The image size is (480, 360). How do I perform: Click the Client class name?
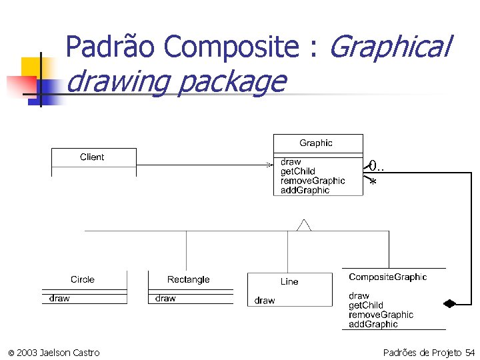coord(92,157)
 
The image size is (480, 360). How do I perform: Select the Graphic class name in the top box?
coord(316,143)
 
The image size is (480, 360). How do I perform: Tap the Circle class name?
coord(83,279)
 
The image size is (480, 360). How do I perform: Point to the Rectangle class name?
coord(189,279)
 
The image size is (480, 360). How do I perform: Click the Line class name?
coord(289,281)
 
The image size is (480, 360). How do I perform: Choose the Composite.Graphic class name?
coord(387,277)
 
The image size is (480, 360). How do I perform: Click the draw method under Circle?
coord(59,299)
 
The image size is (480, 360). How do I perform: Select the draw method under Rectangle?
coord(165,299)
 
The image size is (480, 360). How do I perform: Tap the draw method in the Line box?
coord(265,301)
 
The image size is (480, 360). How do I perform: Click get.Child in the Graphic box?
coord(298,171)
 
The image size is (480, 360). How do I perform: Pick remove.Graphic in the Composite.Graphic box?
coord(381,315)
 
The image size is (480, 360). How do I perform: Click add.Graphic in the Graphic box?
coord(305,190)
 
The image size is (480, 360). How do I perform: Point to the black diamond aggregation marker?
coord(450,303)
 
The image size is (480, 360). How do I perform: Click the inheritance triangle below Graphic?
coord(304,225)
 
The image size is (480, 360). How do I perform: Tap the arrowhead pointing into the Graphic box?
coord(269,164)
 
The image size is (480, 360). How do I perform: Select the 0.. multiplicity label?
coord(377,166)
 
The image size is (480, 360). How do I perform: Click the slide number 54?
coord(470,352)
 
